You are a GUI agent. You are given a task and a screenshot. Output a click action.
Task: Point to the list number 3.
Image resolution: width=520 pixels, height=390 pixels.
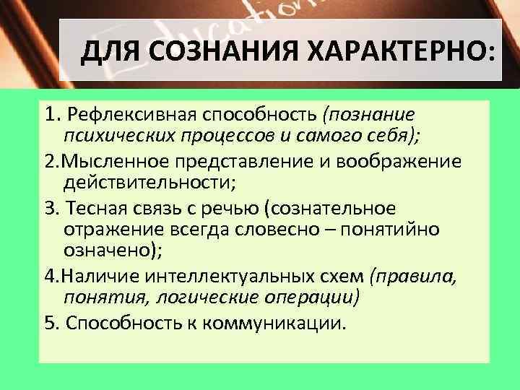click(51, 209)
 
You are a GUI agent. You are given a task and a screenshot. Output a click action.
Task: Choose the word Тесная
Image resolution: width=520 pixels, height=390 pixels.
click(93, 209)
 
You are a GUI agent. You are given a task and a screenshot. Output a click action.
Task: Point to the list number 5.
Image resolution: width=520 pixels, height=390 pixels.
click(51, 322)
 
